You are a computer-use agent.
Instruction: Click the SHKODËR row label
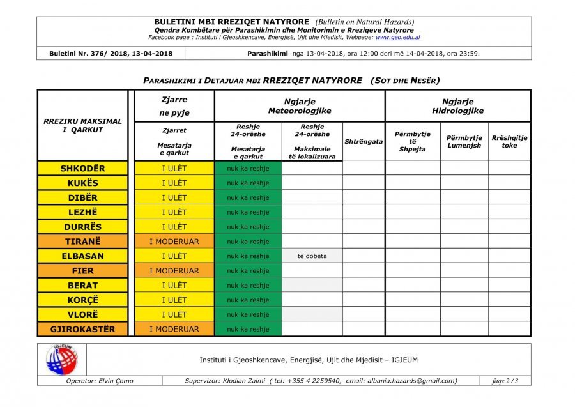click(x=82, y=169)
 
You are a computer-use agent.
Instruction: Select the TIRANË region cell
click(x=82, y=242)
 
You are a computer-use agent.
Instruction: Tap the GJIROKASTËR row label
click(x=82, y=329)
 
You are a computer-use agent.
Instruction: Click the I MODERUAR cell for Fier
click(x=174, y=271)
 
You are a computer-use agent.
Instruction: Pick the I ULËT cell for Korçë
click(x=174, y=300)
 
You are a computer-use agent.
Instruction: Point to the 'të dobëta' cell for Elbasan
click(x=312, y=256)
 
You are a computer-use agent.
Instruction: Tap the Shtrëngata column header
click(x=364, y=141)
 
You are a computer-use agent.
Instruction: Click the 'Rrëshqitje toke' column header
click(x=509, y=141)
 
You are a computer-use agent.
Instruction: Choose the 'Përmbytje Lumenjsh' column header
click(x=464, y=141)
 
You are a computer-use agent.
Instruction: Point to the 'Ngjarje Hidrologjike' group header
click(x=457, y=106)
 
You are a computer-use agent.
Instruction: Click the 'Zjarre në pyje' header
click(x=174, y=106)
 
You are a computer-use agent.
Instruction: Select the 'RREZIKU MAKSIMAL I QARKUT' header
click(x=82, y=125)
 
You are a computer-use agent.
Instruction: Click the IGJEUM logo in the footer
click(x=61, y=360)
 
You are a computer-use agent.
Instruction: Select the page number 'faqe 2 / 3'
click(x=505, y=381)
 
